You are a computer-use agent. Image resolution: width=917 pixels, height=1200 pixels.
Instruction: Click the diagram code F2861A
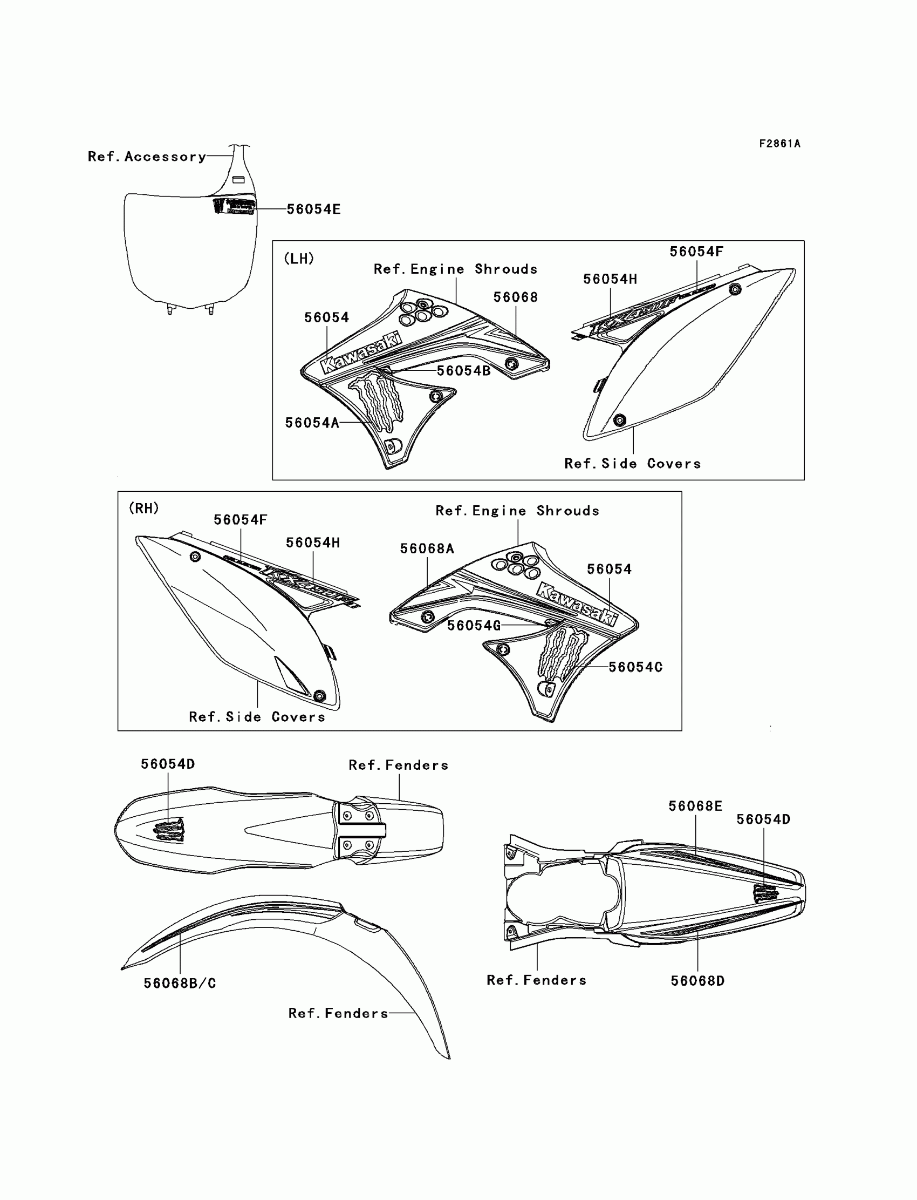click(779, 144)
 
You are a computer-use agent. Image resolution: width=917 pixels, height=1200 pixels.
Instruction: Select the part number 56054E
click(313, 209)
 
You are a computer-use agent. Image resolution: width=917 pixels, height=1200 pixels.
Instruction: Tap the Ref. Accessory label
click(147, 157)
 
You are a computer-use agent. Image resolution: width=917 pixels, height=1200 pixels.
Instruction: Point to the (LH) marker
click(299, 259)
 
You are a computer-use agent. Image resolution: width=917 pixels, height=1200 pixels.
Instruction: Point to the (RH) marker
click(143, 508)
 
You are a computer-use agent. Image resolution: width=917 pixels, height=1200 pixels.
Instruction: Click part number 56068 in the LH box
click(515, 297)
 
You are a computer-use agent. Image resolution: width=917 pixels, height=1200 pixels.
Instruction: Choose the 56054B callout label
click(463, 371)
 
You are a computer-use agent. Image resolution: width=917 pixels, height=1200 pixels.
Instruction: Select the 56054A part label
click(312, 423)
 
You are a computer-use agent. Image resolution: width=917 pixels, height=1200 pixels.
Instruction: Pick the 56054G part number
click(474, 626)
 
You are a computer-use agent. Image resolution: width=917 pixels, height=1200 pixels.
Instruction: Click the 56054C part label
click(635, 667)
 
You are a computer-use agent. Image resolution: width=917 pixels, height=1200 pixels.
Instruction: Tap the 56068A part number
click(427, 548)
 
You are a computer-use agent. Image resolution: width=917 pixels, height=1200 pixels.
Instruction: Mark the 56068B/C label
click(180, 983)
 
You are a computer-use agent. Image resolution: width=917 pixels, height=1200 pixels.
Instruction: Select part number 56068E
click(695, 806)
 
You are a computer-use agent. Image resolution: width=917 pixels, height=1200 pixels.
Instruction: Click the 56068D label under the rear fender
click(697, 980)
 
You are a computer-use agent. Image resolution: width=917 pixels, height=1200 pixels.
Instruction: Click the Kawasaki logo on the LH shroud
click(362, 354)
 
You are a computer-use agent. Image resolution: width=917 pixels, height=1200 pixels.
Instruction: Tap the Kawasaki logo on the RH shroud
click(578, 604)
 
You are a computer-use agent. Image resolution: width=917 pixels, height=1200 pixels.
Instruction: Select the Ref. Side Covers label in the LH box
click(632, 464)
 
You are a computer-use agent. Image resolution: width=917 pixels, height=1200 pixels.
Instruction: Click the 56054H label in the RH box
click(313, 543)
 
